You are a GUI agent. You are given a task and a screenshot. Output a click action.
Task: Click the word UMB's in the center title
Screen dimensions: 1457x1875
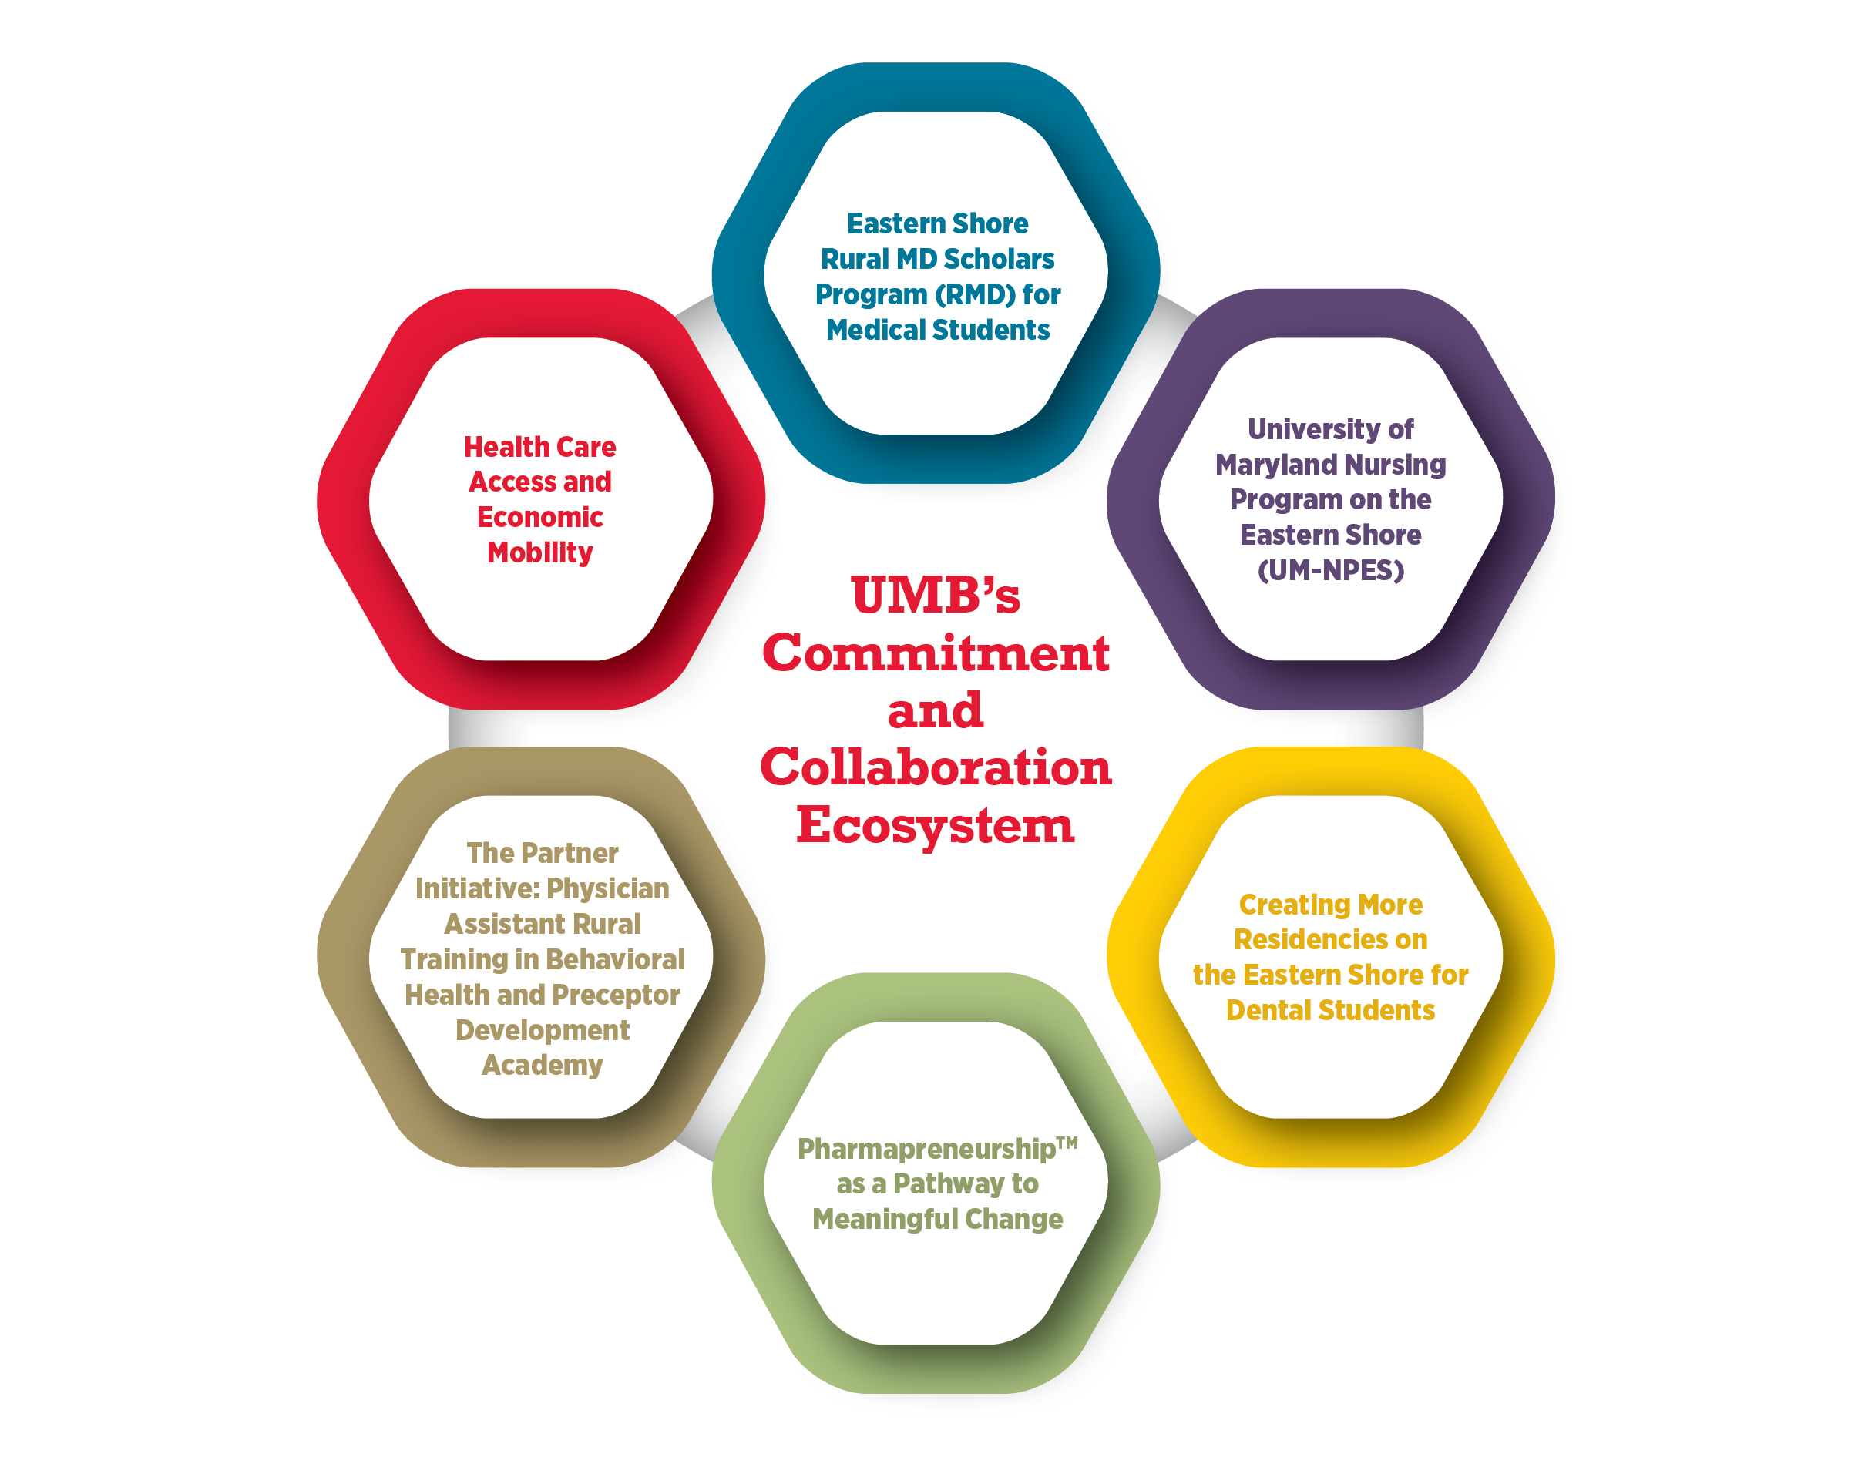(x=935, y=595)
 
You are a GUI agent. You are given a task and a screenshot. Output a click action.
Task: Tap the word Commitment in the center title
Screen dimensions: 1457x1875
(x=935, y=653)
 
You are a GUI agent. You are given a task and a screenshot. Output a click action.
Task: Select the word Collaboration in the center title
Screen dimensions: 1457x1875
(x=935, y=767)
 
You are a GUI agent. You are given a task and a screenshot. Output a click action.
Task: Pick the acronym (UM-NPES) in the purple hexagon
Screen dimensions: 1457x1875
(x=1330, y=570)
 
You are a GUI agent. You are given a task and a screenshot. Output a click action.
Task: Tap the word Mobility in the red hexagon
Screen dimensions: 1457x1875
(x=540, y=552)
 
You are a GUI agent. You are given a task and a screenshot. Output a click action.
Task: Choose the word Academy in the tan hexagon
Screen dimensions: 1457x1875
(x=542, y=1065)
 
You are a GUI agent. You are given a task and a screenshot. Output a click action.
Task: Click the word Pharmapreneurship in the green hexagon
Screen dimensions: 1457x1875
(x=926, y=1149)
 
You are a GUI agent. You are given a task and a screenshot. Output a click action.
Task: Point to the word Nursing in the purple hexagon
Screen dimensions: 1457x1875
(x=1393, y=465)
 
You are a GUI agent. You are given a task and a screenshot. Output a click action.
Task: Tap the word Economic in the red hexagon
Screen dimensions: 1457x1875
(x=540, y=517)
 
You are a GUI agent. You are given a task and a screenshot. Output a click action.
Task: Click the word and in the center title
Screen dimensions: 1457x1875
(x=935, y=710)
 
